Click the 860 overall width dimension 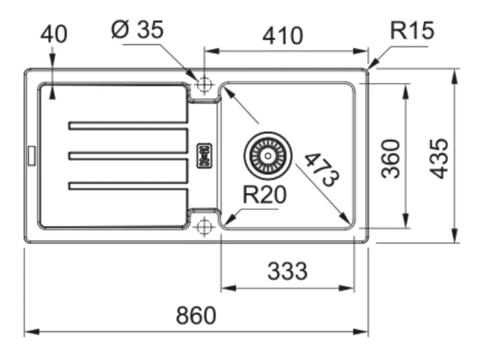[196, 316]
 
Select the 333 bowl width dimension [287, 272]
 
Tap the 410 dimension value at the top [283, 35]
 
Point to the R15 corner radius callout [412, 31]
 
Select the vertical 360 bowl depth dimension [391, 158]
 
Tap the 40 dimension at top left [54, 34]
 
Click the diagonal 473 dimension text [322, 169]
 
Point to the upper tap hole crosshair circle [204, 84]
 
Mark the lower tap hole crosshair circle [204, 226]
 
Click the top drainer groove [128, 126]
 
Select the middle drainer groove [128, 156]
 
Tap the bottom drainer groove [128, 187]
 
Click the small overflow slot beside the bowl [204, 156]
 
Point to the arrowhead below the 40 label [53, 95]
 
